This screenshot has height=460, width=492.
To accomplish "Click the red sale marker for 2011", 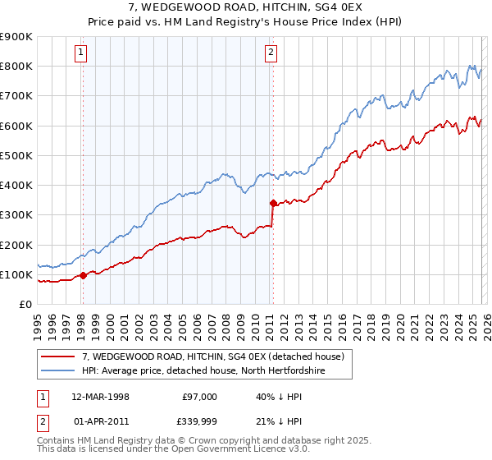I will click(x=272, y=202).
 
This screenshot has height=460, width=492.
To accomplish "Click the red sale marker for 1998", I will click(x=83, y=275).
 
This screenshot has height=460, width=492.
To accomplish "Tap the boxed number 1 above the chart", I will click(x=82, y=53).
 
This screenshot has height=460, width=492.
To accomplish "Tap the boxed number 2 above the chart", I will click(x=271, y=53).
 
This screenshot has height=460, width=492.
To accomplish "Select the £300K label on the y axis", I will click(x=16, y=215).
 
